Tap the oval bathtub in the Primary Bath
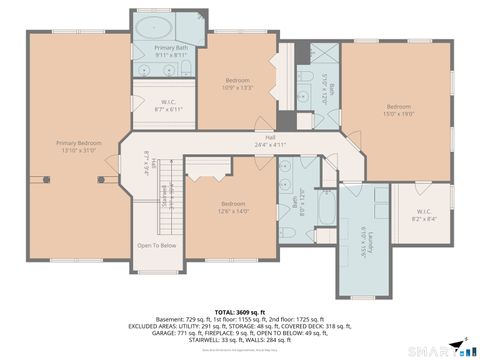(156, 27)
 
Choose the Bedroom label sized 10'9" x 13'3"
(238, 83)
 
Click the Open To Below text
(157, 246)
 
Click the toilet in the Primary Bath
(186, 69)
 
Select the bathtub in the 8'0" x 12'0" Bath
(325, 212)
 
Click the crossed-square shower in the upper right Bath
(326, 117)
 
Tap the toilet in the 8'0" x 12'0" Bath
(288, 233)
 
